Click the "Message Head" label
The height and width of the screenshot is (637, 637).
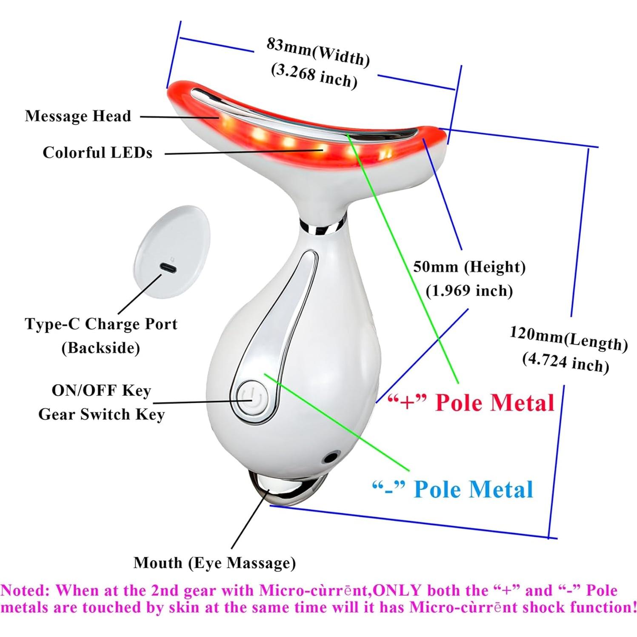(78, 116)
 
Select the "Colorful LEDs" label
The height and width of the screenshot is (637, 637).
(97, 153)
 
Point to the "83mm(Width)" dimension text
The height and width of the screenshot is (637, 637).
(318, 52)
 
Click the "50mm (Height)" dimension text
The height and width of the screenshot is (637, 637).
(469, 267)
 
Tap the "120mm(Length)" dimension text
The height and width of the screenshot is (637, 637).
(568, 338)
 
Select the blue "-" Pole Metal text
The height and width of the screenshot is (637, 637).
(452, 489)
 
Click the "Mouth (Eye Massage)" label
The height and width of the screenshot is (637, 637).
(214, 563)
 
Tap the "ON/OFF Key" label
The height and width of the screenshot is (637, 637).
(101, 391)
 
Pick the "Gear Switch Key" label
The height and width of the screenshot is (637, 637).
(101, 414)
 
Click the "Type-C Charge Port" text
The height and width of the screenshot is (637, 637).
(101, 324)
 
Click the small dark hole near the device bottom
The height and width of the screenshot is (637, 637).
(328, 458)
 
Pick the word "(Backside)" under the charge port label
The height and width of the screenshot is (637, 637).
(101, 348)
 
